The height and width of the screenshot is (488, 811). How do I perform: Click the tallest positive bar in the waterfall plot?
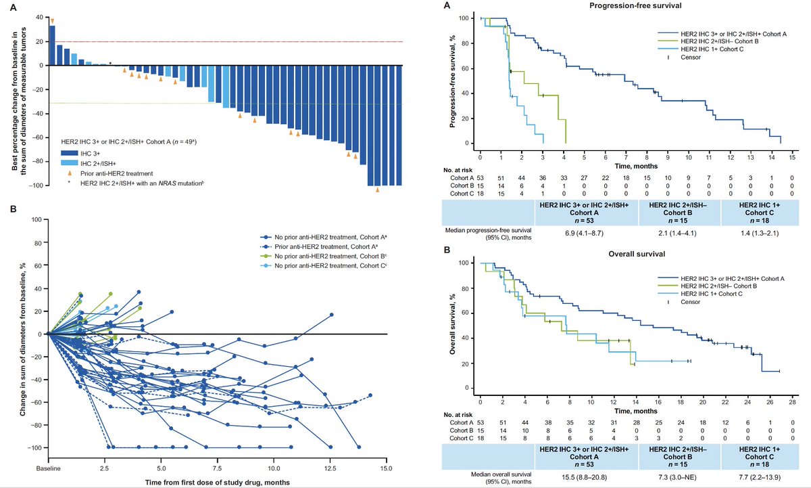(x=53, y=45)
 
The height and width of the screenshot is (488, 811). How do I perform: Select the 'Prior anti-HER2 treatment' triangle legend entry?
(x=118, y=173)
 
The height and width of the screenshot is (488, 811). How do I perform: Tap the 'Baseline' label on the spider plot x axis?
(x=48, y=468)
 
